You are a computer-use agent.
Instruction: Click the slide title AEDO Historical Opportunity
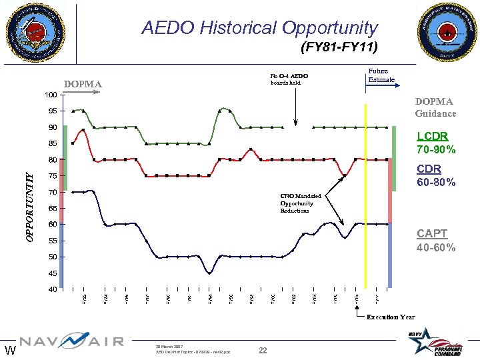click(x=259, y=28)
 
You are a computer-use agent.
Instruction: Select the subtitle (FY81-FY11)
click(x=339, y=47)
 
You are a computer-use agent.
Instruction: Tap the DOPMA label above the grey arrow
click(x=83, y=84)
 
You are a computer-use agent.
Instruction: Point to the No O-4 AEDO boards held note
click(x=289, y=79)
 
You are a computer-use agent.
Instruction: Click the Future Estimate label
click(x=381, y=75)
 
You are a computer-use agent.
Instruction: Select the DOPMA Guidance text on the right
click(x=435, y=107)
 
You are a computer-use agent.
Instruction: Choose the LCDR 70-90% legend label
click(x=436, y=143)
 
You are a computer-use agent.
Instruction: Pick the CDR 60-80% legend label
click(x=436, y=176)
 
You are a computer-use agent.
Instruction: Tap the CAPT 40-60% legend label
click(x=436, y=241)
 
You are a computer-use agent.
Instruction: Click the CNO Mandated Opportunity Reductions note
click(x=301, y=203)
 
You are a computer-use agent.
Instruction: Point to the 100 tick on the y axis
click(x=50, y=95)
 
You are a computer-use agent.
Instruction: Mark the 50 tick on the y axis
click(x=52, y=257)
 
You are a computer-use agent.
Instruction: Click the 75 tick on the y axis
click(x=52, y=176)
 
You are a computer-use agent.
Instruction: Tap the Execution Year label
click(x=391, y=317)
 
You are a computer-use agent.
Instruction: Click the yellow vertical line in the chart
click(x=365, y=200)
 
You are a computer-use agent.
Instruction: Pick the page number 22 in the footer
click(x=262, y=351)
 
